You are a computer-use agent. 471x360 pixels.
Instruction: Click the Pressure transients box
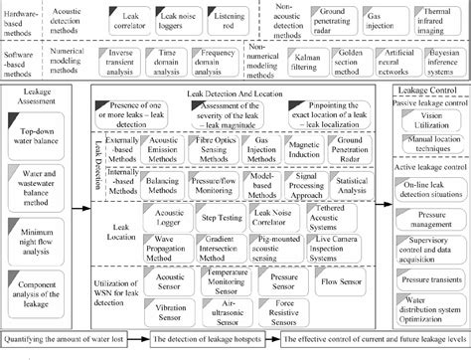click(x=428, y=280)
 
